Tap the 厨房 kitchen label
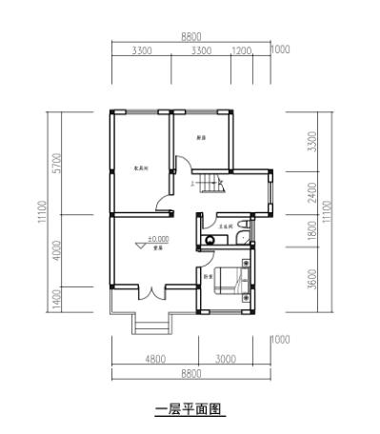click(201, 138)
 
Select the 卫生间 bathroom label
click(226, 227)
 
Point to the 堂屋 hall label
click(157, 248)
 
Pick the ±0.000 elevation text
click(157, 239)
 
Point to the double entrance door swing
click(150, 292)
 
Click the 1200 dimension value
click(241, 50)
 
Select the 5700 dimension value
click(57, 164)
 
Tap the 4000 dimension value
click(57, 251)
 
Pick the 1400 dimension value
click(57, 302)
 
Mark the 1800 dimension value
click(313, 229)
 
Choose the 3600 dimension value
click(313, 281)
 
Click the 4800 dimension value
click(154, 359)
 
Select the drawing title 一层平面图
click(190, 409)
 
